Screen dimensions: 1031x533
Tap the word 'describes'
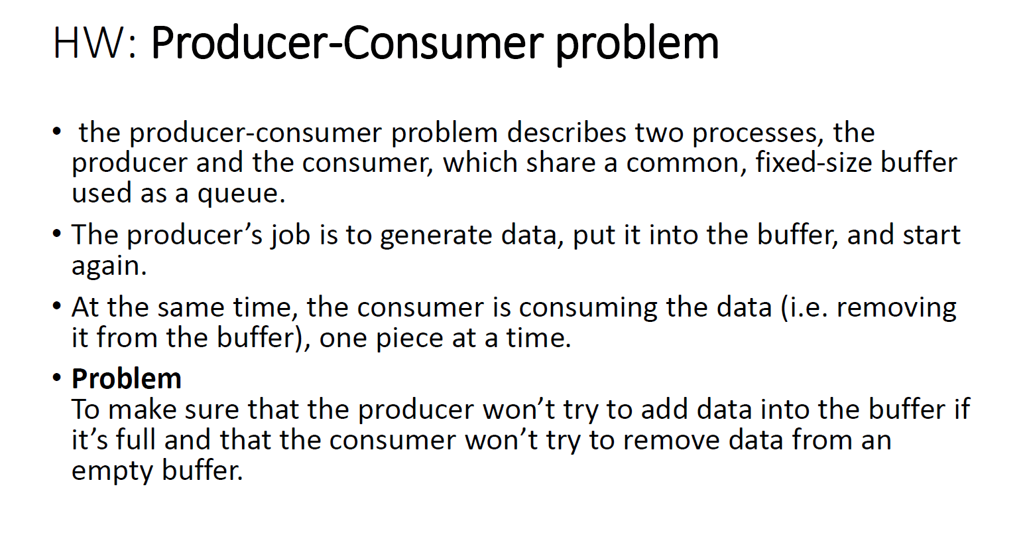pos(567,133)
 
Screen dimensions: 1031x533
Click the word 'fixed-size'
pos(814,163)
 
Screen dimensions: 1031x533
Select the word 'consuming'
pos(588,309)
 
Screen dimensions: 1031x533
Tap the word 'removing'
pos(896,309)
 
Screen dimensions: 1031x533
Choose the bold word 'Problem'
pos(127,380)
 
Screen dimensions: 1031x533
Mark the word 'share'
pos(561,163)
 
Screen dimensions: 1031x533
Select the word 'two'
pos(659,133)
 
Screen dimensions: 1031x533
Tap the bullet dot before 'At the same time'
pos(56,306)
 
